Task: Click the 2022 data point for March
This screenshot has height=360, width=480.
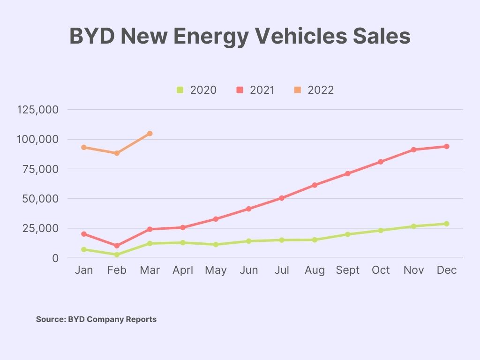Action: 150,134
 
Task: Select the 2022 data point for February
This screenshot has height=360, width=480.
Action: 117,153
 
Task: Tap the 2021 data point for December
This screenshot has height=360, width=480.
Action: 447,147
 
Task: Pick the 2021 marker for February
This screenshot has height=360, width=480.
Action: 117,246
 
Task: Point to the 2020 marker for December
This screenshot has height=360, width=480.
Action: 447,224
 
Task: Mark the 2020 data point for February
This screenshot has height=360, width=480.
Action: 117,255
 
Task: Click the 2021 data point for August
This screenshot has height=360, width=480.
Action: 315,185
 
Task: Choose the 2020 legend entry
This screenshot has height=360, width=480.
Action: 197,90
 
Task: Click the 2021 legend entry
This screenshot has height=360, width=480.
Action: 256,90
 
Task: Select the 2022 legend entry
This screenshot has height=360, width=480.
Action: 315,90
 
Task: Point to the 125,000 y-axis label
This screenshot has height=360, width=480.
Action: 37,110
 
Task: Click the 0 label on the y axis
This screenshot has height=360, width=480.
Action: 55,258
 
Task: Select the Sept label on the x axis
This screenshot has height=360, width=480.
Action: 347,270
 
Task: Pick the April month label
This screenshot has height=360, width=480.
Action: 183,270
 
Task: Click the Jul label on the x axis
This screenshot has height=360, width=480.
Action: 282,270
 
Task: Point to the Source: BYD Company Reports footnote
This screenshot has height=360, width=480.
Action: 96,319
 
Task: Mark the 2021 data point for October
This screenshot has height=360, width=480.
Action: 381,162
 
